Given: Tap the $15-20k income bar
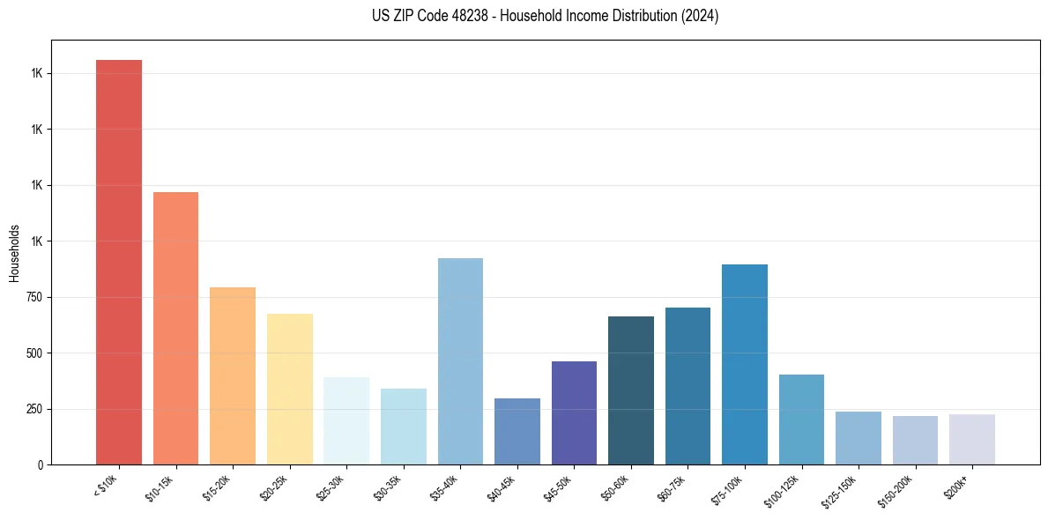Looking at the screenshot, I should click(x=233, y=375).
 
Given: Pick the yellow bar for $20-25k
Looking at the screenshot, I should click(x=289, y=389).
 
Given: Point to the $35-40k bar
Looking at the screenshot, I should click(x=460, y=361).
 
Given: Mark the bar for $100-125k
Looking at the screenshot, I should click(x=801, y=420).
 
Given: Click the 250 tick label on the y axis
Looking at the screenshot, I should click(x=34, y=409).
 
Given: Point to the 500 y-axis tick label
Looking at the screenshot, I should click(x=34, y=353).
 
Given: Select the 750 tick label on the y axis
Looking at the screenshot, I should click(x=34, y=297).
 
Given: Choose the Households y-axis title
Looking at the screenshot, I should click(x=14, y=253).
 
